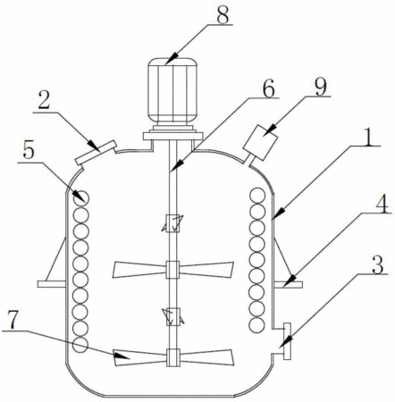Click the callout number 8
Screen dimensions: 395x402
(x=223, y=14)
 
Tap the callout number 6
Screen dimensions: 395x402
(x=269, y=88)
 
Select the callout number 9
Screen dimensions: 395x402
(x=321, y=87)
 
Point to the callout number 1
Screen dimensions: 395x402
(x=369, y=137)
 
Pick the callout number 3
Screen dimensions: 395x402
(x=378, y=264)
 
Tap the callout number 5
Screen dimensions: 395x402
(x=29, y=152)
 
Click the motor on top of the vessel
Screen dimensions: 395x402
(x=172, y=91)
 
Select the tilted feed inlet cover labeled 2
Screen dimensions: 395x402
(x=96, y=153)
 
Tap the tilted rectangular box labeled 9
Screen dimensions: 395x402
(x=260, y=142)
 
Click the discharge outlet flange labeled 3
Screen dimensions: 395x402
(x=287, y=341)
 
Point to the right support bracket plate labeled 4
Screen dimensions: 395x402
(x=288, y=284)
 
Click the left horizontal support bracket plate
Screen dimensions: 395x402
(x=51, y=284)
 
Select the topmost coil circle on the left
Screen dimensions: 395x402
(x=81, y=197)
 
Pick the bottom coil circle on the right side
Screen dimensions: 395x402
(x=257, y=325)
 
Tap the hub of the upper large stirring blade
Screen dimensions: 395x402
(x=172, y=270)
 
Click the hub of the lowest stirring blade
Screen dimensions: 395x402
(x=172, y=357)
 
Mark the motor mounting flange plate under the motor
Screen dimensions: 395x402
(x=172, y=136)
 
